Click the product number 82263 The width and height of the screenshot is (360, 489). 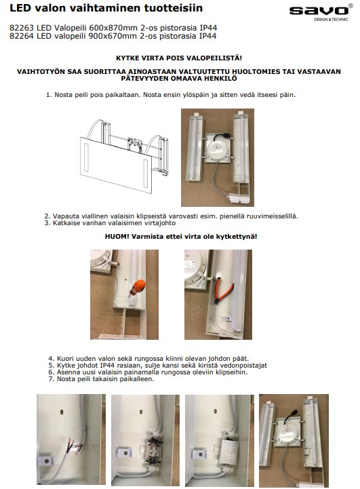point(21,28)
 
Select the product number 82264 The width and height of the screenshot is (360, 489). point(21,36)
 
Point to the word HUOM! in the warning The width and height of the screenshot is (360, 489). point(117,237)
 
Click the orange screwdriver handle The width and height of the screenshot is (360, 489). point(137,287)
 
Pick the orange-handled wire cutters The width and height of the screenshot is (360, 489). point(223,290)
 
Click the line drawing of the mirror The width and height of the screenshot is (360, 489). point(124,156)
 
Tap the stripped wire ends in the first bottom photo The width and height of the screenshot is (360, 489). point(75,446)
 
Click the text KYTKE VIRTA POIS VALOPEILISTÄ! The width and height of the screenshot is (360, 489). point(179,58)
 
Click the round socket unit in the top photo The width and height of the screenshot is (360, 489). point(218,151)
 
